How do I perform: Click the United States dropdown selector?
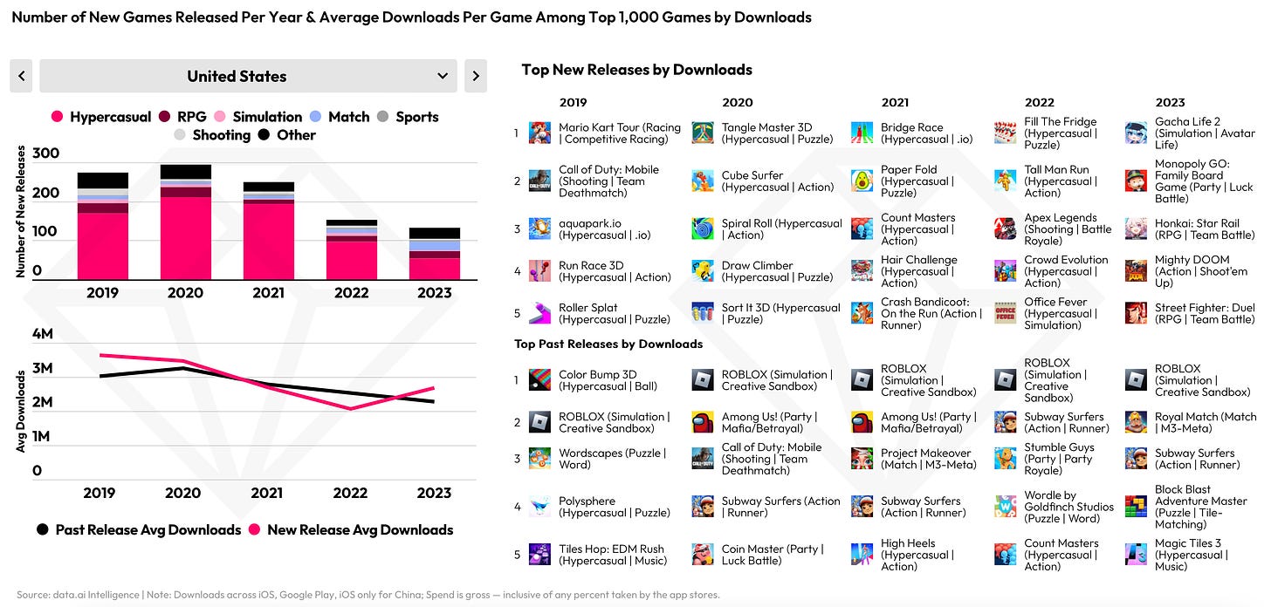pos(248,76)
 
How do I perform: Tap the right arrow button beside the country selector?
pos(476,76)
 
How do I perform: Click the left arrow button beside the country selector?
pos(21,76)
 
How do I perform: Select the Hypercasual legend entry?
pos(101,117)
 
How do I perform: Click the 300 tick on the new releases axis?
pos(45,153)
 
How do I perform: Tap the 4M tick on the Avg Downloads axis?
pos(42,334)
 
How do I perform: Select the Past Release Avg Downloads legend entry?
pos(139,529)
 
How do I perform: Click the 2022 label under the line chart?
pos(350,493)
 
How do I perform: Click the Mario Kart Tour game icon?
pos(539,133)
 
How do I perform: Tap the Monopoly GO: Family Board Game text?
pos(1204,181)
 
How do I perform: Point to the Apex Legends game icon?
pos(1005,229)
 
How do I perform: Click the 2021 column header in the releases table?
pos(895,103)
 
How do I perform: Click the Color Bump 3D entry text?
pos(608,380)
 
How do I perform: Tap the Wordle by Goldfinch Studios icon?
pos(1005,507)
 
